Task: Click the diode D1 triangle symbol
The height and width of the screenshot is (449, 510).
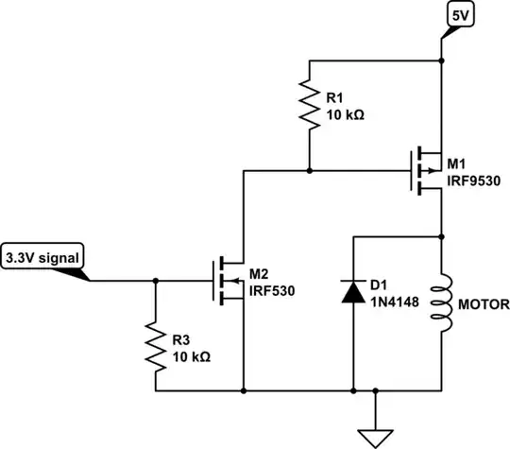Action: click(352, 293)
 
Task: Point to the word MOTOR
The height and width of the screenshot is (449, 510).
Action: click(483, 304)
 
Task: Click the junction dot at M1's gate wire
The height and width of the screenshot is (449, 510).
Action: click(310, 171)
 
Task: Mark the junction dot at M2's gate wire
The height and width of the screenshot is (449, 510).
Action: click(155, 281)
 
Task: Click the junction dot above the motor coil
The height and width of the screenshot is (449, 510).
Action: click(441, 234)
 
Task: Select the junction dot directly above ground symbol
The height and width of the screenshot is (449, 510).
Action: click(376, 389)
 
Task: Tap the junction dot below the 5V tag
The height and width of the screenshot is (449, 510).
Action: click(441, 61)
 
